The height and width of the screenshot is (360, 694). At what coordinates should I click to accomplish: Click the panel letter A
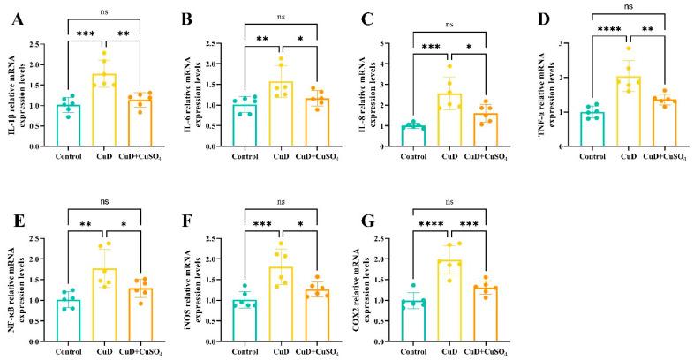[x=15, y=19]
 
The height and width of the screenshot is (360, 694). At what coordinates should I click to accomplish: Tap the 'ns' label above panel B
[x=280, y=15]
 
